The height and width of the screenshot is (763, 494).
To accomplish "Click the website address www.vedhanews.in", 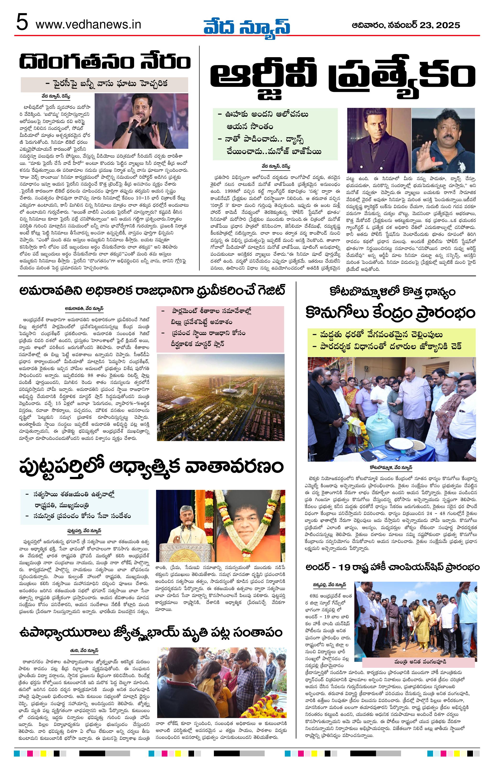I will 88,24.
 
